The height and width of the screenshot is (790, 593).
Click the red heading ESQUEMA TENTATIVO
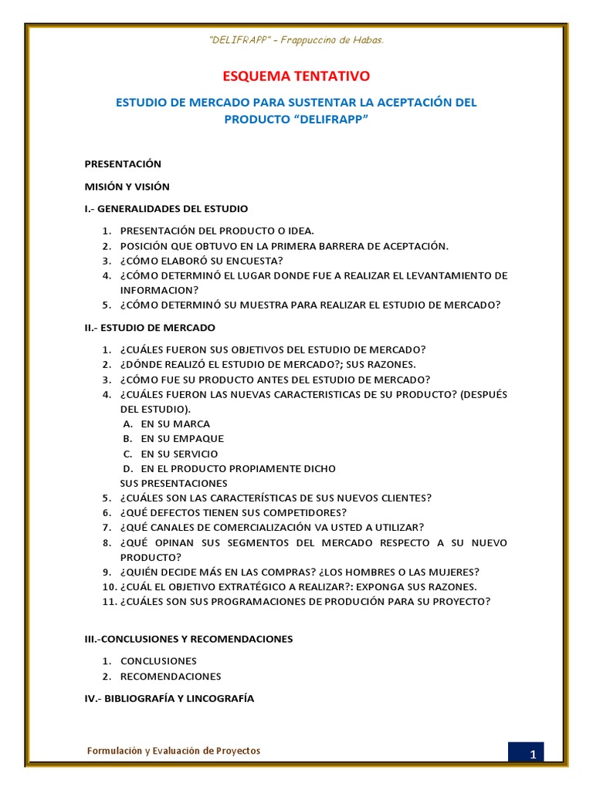[x=296, y=76]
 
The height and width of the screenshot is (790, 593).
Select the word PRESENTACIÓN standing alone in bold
[x=123, y=164]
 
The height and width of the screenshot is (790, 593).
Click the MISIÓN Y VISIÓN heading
[x=127, y=186]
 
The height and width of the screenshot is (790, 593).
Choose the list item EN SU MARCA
[x=175, y=424]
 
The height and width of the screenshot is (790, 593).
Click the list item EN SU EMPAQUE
[x=182, y=438]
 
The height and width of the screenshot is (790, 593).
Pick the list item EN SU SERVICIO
[x=179, y=454]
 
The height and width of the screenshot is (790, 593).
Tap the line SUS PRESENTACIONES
[x=174, y=483]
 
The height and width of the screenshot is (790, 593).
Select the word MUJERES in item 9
[x=451, y=572]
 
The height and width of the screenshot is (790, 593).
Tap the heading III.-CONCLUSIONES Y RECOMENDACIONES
[x=188, y=639]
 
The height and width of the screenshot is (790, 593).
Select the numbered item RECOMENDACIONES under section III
[x=171, y=676]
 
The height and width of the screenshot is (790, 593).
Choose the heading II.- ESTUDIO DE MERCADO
[x=150, y=327]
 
